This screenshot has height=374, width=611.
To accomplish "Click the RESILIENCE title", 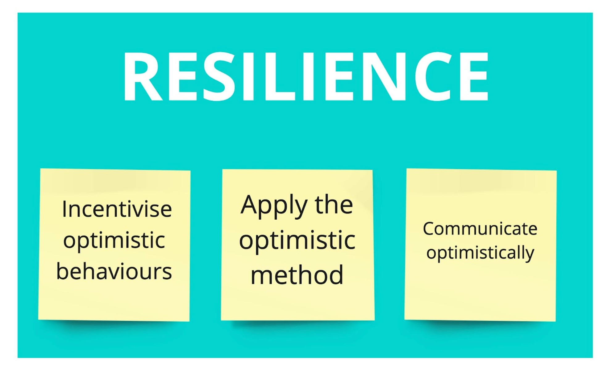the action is point(306,76).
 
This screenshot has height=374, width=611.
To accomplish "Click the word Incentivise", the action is point(117,209).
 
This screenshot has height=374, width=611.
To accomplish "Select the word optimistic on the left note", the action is point(114,241).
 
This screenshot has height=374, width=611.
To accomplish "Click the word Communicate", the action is point(480,229).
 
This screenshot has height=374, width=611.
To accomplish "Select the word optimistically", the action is point(480,253).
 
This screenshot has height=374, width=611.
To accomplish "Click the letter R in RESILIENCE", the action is point(143,76).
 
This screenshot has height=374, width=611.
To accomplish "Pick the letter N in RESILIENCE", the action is point(384,76).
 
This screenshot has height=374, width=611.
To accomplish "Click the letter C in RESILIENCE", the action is point(434,76).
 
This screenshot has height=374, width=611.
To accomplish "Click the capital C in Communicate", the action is point(430,229).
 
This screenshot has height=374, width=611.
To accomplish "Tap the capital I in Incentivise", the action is point(64,209).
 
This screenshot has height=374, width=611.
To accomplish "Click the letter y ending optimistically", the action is point(530,255).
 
